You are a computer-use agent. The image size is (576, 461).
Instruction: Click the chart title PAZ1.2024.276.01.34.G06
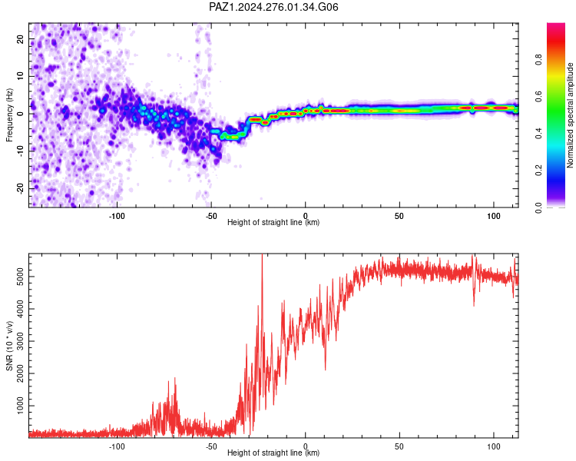click(x=273, y=7)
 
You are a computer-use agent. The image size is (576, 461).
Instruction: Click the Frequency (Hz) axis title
click(x=9, y=114)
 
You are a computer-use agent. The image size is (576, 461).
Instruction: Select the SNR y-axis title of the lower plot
click(x=9, y=346)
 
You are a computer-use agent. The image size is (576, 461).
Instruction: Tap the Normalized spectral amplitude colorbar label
click(x=570, y=115)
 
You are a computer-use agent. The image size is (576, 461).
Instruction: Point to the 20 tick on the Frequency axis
click(x=20, y=38)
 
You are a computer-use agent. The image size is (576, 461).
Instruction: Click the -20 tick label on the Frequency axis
click(x=20, y=188)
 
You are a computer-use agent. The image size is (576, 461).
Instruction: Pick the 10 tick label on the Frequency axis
click(x=20, y=76)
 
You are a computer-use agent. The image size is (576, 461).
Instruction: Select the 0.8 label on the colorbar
click(x=538, y=59)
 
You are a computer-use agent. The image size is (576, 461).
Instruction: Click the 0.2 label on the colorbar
click(x=538, y=170)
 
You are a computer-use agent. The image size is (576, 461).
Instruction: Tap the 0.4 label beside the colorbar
click(x=538, y=133)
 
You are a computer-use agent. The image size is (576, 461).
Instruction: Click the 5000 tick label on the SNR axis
click(x=20, y=277)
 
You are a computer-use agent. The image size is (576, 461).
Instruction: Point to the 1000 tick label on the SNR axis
click(x=20, y=406)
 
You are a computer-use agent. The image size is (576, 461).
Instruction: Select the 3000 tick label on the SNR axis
click(x=20, y=341)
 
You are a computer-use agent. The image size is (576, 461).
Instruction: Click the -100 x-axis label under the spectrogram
click(x=117, y=216)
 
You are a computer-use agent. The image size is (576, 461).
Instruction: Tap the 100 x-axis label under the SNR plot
click(x=494, y=446)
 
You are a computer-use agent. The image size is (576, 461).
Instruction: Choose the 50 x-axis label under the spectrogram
click(x=399, y=216)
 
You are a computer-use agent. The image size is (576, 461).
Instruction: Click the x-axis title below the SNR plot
click(x=273, y=453)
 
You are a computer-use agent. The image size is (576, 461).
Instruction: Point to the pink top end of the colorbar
click(x=556, y=25)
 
